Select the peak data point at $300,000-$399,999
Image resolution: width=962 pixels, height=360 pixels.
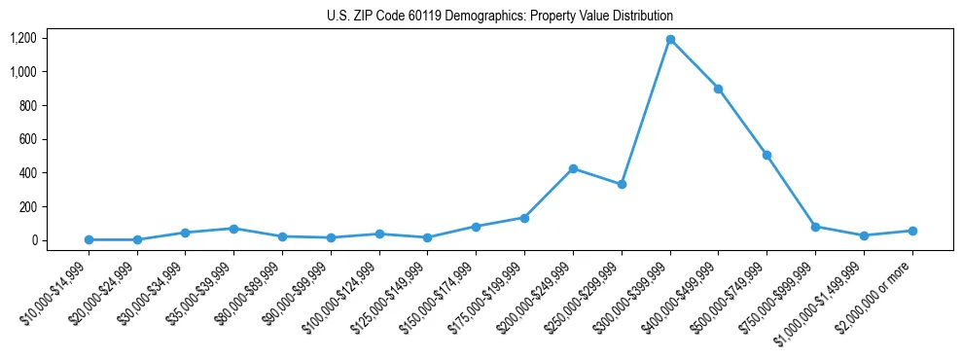pos(670,39)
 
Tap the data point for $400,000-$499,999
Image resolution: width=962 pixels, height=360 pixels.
pos(718,89)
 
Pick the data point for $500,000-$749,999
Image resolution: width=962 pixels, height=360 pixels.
pos(766,155)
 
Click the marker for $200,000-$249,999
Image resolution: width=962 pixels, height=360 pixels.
pos(573,168)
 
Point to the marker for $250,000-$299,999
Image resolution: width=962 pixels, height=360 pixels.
pos(622,184)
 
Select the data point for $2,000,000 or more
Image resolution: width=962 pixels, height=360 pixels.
pos(912,231)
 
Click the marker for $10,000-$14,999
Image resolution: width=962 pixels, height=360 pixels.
pos(89,239)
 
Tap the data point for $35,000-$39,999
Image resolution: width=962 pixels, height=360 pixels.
pos(233,229)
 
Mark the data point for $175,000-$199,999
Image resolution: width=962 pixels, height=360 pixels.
pos(524,218)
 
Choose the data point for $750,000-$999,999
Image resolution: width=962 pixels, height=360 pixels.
pos(815,227)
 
